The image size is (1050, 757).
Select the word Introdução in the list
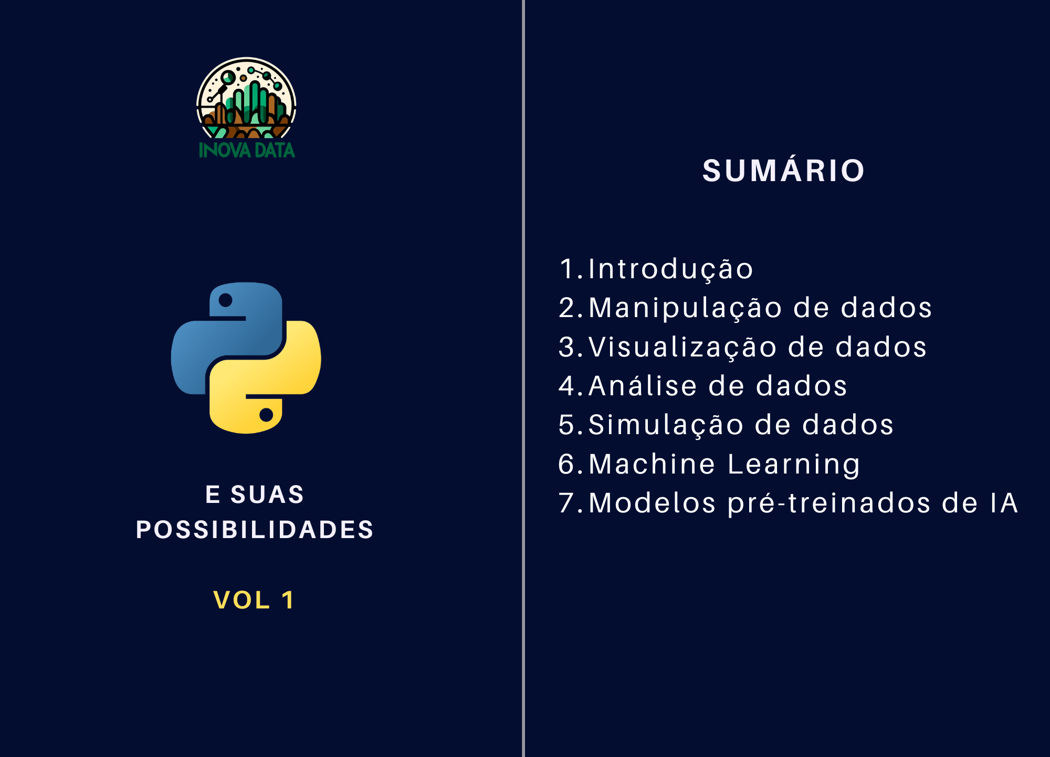(671, 269)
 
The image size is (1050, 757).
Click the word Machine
(652, 464)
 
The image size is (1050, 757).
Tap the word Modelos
(653, 503)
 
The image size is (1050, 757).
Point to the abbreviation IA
(1004, 503)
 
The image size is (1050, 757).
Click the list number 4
(567, 385)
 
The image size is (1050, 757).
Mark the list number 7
(567, 503)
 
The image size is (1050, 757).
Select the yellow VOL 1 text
(254, 600)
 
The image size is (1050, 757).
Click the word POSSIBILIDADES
(255, 529)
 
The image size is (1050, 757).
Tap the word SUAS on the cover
(267, 494)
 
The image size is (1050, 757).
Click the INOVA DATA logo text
(247, 150)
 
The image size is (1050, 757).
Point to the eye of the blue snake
(225, 300)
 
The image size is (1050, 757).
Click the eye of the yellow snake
(266, 415)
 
